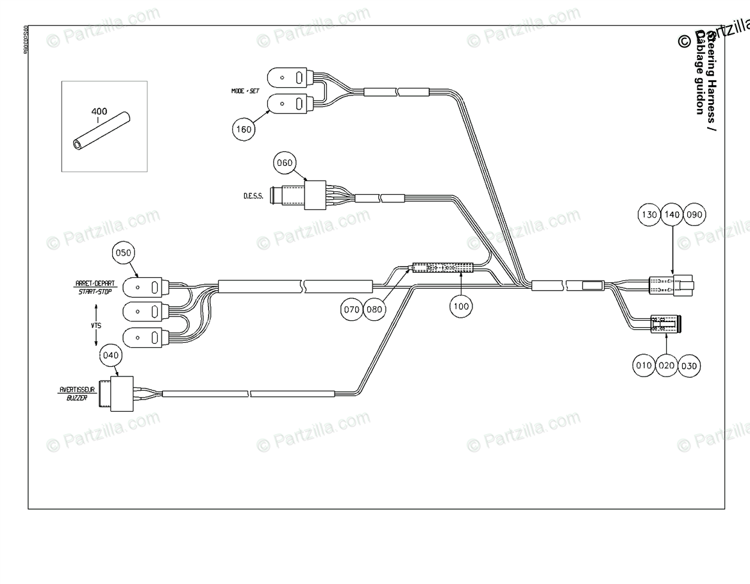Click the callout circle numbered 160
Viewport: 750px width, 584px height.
point(244,129)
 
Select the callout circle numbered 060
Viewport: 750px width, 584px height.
point(284,163)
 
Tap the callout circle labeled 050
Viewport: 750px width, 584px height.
point(122,253)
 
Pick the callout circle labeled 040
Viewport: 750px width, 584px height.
point(110,354)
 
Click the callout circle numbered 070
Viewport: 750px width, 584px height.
point(351,310)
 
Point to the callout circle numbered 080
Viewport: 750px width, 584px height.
point(374,310)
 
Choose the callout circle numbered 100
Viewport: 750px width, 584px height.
point(460,307)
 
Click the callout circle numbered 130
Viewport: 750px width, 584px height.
point(649,215)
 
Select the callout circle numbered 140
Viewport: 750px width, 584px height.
point(671,215)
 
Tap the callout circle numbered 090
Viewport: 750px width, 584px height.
point(694,215)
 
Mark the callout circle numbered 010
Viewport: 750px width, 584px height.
point(644,366)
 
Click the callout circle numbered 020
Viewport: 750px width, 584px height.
point(667,366)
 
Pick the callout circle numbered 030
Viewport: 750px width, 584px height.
point(690,366)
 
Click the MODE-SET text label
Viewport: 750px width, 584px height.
point(245,91)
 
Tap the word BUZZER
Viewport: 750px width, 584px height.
point(77,398)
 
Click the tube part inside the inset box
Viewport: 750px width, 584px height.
point(101,131)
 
